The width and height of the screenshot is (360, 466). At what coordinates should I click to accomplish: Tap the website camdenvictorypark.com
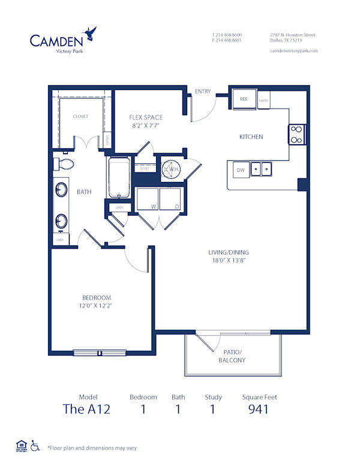[293, 51]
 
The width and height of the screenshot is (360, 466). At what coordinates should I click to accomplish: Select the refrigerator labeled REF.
[244, 100]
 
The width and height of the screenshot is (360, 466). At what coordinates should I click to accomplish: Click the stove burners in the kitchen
[297, 135]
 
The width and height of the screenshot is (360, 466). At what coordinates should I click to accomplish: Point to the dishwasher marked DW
[240, 170]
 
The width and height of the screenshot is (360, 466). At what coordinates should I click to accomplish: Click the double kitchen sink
[261, 169]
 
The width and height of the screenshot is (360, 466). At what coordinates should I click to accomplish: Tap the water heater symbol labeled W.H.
[172, 169]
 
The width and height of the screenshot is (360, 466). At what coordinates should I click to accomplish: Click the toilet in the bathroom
[64, 164]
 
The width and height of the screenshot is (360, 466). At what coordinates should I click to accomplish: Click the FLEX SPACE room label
[146, 118]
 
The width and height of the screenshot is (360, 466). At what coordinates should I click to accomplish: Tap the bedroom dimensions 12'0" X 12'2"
[97, 306]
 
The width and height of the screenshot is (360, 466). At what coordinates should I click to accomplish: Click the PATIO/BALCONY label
[231, 356]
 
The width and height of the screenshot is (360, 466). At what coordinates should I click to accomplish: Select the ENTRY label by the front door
[203, 91]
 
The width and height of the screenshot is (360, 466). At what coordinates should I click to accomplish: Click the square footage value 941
[259, 410]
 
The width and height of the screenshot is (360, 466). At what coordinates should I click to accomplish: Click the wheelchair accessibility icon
[35, 446]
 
